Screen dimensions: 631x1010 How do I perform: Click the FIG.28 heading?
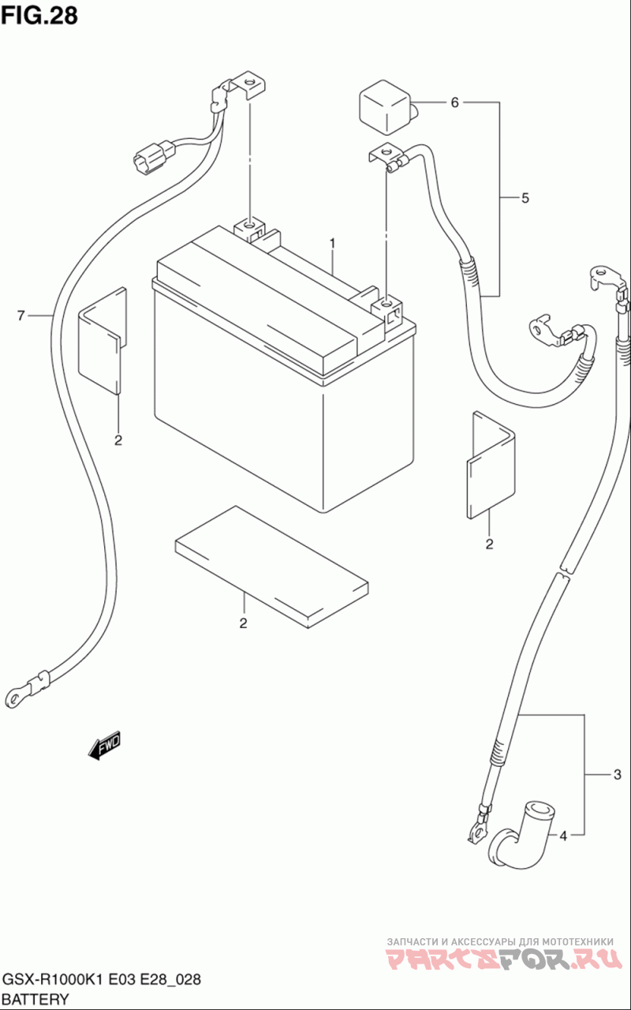[39, 15]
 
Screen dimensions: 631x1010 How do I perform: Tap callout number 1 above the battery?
[332, 244]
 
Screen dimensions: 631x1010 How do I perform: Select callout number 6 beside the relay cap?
[455, 103]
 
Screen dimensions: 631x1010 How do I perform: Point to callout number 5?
[525, 198]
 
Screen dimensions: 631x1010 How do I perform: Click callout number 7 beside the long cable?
[21, 316]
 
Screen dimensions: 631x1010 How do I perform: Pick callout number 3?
[618, 775]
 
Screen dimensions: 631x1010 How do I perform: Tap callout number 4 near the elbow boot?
[563, 836]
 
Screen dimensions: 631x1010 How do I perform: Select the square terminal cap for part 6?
[386, 107]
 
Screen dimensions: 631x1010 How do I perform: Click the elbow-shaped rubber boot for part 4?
[523, 838]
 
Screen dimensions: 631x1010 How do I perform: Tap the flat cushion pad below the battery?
[272, 567]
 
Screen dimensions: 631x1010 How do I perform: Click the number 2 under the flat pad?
[244, 623]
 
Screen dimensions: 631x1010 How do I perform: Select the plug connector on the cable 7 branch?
[151, 157]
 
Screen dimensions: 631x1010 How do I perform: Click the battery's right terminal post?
[386, 311]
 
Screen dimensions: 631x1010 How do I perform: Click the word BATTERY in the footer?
[35, 1000]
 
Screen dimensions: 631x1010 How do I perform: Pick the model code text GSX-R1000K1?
[54, 980]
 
